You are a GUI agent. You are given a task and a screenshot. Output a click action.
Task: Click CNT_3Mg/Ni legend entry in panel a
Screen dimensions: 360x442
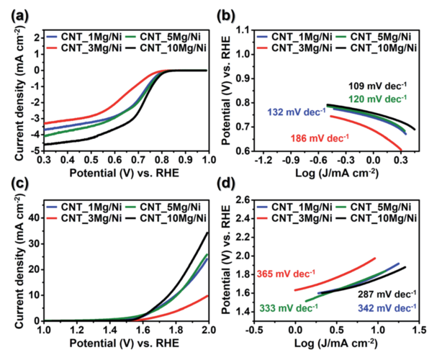pyautogui.click(x=77, y=48)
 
